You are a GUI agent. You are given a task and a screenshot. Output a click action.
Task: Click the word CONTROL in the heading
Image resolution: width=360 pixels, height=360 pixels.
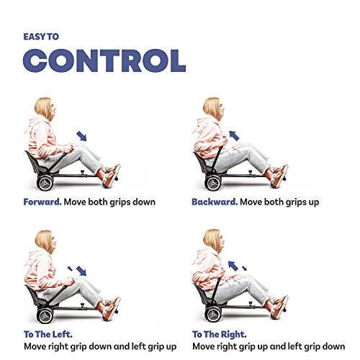pyautogui.click(x=104, y=60)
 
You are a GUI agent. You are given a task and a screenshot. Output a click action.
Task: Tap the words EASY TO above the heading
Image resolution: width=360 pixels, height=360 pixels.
pyautogui.click(x=41, y=37)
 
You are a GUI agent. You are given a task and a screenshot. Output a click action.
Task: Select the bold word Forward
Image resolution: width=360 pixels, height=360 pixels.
pyautogui.click(x=42, y=202)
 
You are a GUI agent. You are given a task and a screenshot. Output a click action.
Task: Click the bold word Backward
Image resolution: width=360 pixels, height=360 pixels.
pyautogui.click(x=215, y=202)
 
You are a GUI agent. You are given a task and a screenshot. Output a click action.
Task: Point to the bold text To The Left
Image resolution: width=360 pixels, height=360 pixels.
pyautogui.click(x=48, y=334)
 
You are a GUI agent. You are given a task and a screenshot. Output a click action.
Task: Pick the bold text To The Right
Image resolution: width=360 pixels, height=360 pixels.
pyautogui.click(x=220, y=334)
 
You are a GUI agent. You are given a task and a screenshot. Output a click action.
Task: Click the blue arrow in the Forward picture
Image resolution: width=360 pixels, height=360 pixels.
pyautogui.click(x=81, y=136)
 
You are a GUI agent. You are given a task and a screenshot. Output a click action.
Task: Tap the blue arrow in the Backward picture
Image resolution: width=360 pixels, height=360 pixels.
pyautogui.click(x=234, y=135)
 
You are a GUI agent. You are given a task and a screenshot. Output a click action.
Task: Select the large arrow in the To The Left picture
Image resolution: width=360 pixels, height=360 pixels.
pyautogui.click(x=81, y=271)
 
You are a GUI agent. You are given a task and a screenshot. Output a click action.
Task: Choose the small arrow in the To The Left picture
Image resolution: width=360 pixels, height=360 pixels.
pyautogui.click(x=70, y=269)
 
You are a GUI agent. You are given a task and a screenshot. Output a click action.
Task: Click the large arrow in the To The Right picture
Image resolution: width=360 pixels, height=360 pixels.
pyautogui.click(x=233, y=266)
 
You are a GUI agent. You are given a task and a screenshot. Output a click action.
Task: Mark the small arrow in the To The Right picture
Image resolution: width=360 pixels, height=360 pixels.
pyautogui.click(x=244, y=268)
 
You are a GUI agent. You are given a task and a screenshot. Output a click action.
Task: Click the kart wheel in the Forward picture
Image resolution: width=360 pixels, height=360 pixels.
pyautogui.click(x=45, y=183)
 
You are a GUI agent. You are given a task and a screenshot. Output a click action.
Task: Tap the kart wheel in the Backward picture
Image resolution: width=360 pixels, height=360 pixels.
pyautogui.click(x=213, y=183)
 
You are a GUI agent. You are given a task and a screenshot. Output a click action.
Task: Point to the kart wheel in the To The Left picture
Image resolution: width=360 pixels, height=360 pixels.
pyautogui.click(x=45, y=315)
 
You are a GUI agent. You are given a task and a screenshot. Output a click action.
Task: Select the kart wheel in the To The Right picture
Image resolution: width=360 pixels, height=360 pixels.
pyautogui.click(x=213, y=315)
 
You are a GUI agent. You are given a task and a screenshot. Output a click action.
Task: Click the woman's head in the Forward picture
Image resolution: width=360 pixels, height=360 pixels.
pyautogui.click(x=45, y=109)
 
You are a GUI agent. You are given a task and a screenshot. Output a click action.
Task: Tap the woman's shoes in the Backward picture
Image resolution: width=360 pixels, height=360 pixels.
pyautogui.click(x=279, y=176)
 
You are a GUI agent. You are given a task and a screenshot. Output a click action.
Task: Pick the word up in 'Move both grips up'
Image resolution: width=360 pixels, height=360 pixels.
pyautogui.click(x=313, y=203)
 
